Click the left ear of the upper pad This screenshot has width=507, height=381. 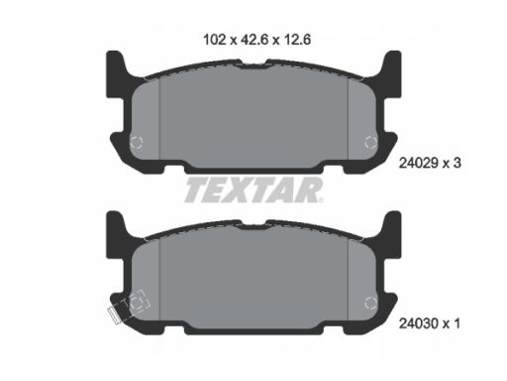tap(115, 73)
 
